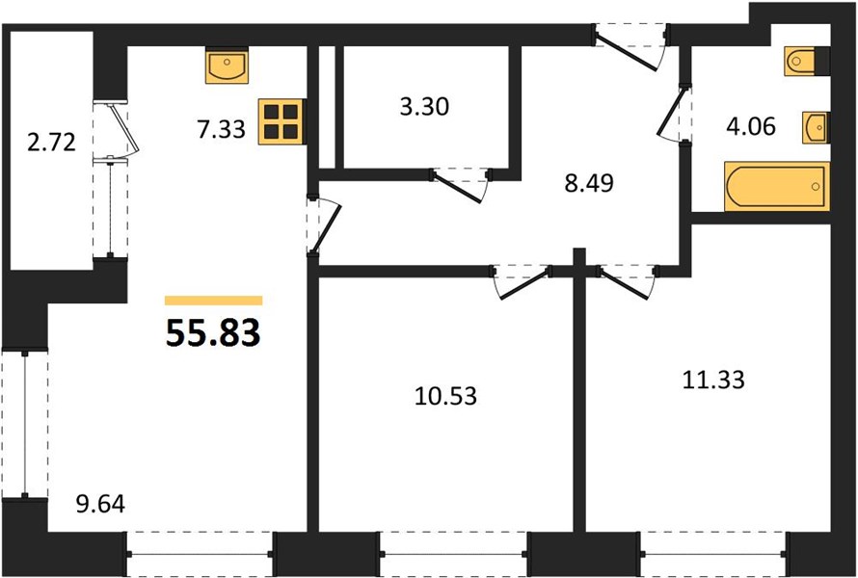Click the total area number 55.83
(213, 333)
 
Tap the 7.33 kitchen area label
(222, 130)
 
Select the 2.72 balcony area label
(51, 144)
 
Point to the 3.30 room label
(424, 107)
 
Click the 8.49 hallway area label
(589, 183)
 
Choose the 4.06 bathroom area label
(751, 127)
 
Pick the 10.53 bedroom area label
(446, 396)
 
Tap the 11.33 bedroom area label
(713, 380)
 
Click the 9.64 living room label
(100, 504)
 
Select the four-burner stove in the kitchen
(282, 121)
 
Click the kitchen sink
(228, 66)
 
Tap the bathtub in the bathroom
(776, 186)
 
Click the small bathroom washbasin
(816, 127)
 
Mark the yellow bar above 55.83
(213, 301)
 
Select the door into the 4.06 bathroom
(672, 114)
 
